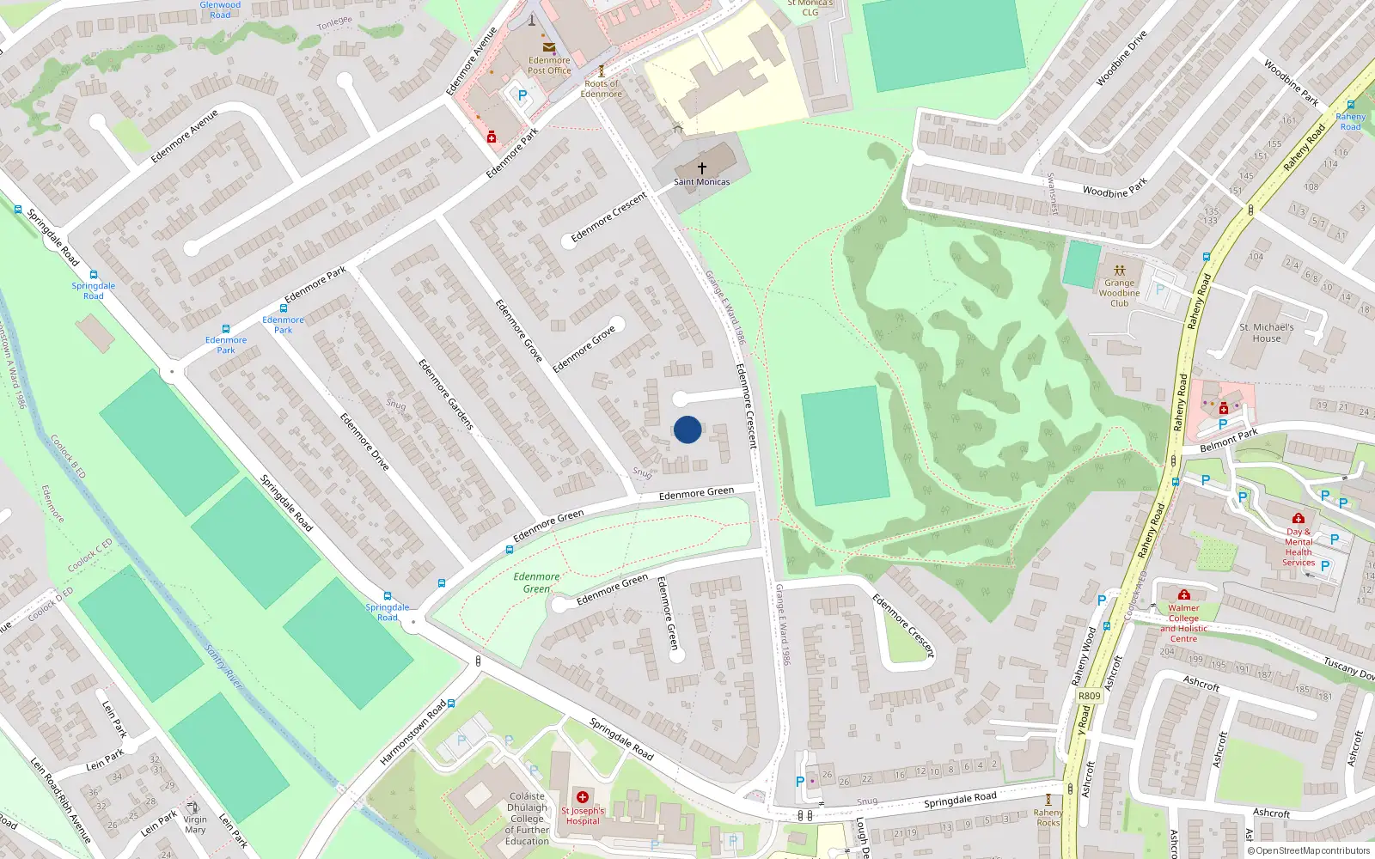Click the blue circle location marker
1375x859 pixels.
point(687,429)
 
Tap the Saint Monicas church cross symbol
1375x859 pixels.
point(702,168)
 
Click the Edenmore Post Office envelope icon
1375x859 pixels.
point(548,48)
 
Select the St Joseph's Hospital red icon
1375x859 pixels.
point(583,797)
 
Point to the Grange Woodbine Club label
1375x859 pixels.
point(1119,293)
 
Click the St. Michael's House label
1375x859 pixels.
point(1266,332)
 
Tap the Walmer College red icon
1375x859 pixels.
point(1183,594)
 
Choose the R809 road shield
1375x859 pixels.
point(1089,696)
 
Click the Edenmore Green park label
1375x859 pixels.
point(536,582)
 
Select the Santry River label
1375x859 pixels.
point(223,666)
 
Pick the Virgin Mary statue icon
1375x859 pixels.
point(193,807)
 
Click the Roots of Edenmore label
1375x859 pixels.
point(601,88)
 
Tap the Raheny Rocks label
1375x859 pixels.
point(1048,817)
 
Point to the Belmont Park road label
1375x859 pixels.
point(1228,441)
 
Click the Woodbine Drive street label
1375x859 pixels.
point(1121,58)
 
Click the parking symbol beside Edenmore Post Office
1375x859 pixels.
point(522,96)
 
